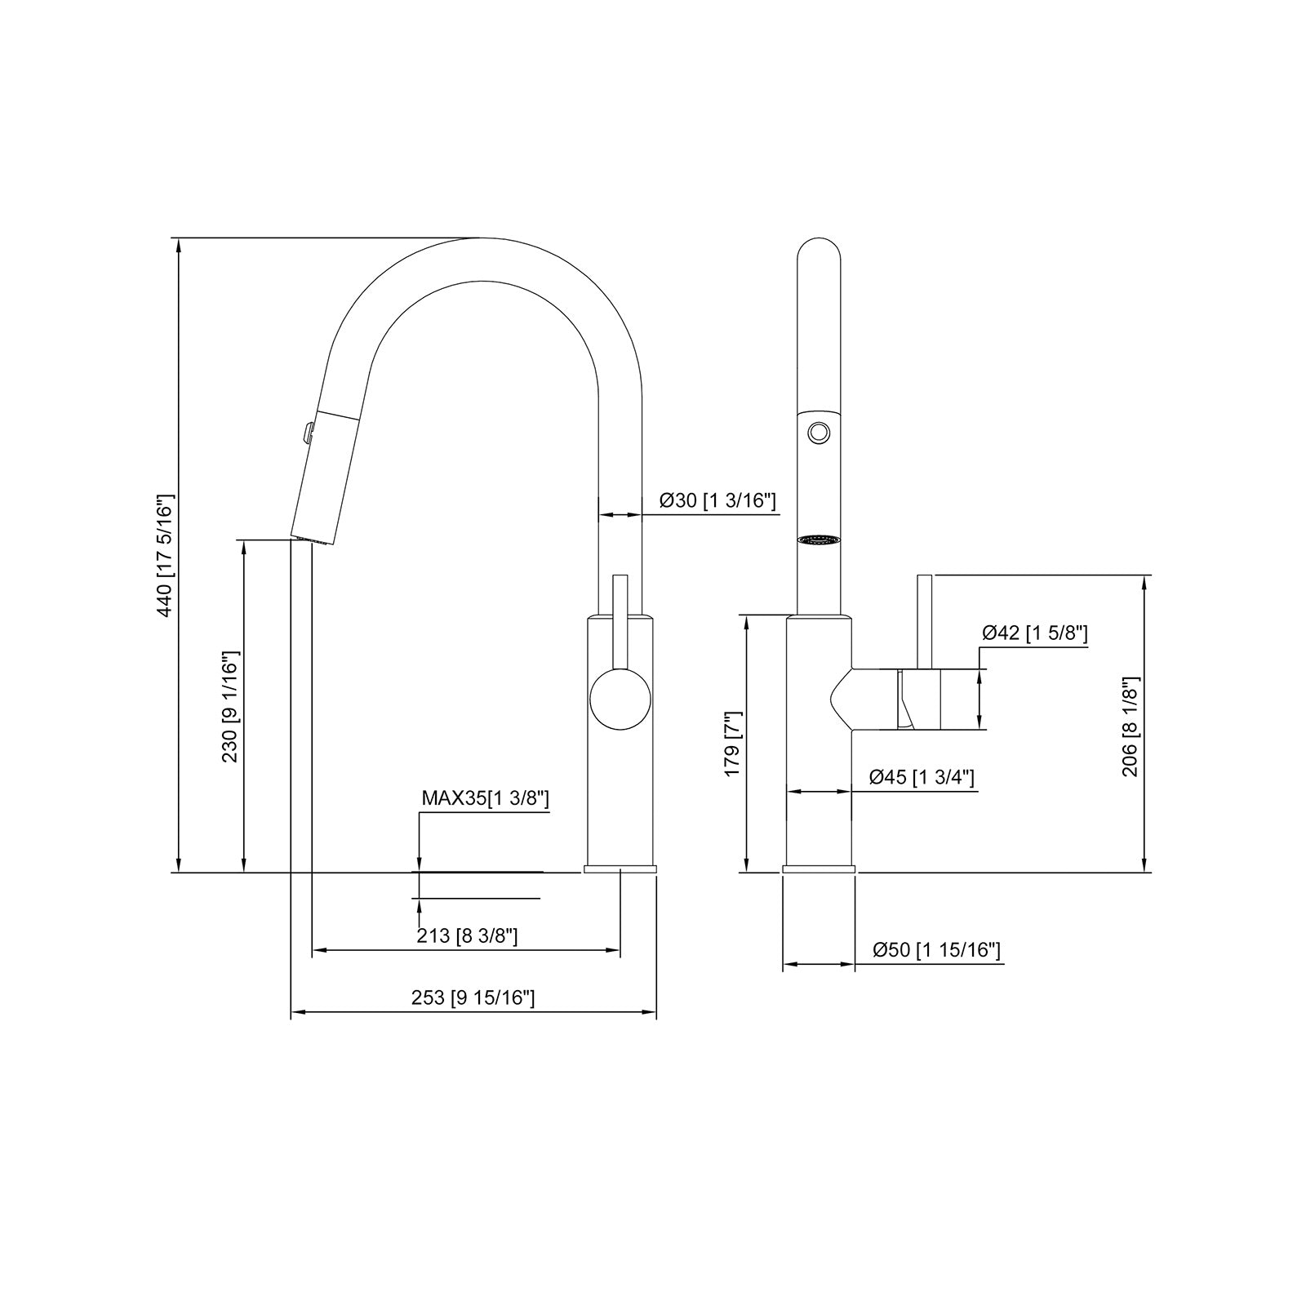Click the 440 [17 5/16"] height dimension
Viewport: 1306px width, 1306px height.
tap(165, 555)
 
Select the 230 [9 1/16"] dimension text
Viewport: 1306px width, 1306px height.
tap(230, 707)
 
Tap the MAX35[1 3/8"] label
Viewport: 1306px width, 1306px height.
tap(485, 798)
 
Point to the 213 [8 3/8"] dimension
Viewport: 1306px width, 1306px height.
tap(467, 935)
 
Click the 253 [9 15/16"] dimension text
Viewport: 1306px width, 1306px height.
tap(473, 997)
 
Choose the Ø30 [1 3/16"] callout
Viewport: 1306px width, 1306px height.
tap(717, 500)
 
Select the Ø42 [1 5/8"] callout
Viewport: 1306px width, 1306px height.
tap(1034, 633)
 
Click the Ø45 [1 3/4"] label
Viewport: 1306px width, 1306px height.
tap(922, 777)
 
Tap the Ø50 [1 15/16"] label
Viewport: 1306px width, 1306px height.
tap(936, 949)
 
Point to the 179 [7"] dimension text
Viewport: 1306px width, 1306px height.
tap(732, 743)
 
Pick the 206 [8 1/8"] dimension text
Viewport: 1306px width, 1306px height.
tap(1131, 726)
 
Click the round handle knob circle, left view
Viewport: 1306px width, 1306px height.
tap(620, 699)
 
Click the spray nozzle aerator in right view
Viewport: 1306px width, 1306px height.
tap(819, 540)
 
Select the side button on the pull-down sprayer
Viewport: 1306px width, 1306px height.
tap(307, 432)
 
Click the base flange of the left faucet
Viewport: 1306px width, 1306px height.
tap(620, 868)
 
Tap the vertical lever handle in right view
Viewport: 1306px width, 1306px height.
tap(926, 620)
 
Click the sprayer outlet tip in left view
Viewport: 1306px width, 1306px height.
tap(311, 539)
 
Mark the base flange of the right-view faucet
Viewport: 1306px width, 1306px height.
tap(819, 868)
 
